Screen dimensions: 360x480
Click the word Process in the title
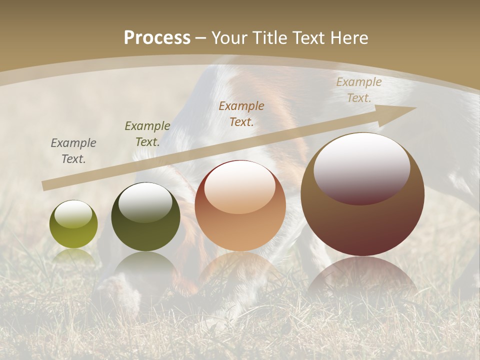pos(157,38)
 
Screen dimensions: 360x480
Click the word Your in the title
pos(230,38)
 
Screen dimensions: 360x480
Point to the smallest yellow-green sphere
pos(73,224)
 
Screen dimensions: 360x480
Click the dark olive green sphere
pos(145,216)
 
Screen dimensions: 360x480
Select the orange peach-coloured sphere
pos(240,205)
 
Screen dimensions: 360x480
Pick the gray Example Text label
pos(73,151)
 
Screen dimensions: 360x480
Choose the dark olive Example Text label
pos(147,134)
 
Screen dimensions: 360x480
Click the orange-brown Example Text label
pos(241,113)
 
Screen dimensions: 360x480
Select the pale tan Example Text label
pos(358,90)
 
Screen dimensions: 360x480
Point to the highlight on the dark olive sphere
pos(145,200)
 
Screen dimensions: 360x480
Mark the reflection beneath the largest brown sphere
pos(362,275)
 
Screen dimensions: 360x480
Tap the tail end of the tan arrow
pos(46,185)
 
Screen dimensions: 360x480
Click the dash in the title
pos(201,38)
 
